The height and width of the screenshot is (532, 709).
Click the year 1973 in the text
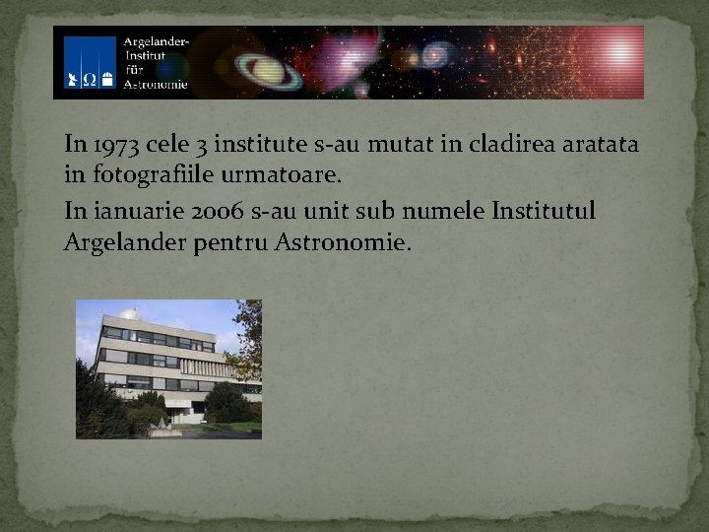(115, 145)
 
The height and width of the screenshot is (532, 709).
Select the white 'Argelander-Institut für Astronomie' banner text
(155, 62)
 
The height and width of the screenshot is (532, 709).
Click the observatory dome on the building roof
(128, 314)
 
